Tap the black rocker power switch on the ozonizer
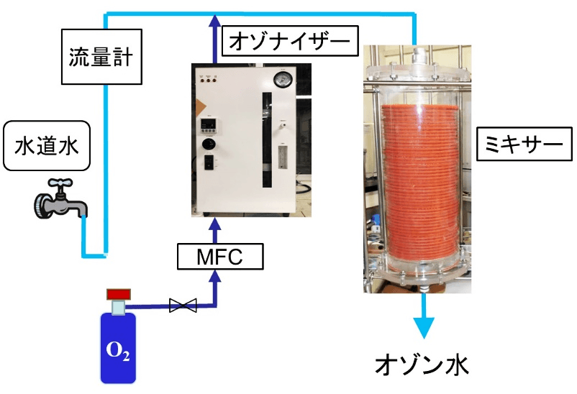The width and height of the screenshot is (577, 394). coord(212,162)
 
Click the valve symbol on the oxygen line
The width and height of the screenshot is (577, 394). coord(183,306)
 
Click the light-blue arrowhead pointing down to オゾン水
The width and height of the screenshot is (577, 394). coord(424,327)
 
